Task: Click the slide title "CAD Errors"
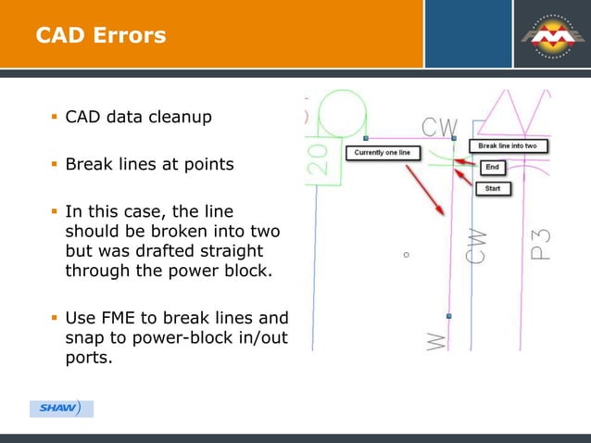101,36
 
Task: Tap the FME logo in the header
553,35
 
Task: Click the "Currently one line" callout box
384,152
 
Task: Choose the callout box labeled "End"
493,168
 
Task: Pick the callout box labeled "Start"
493,188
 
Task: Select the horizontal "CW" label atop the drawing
439,127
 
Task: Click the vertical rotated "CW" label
477,247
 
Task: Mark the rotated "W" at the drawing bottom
436,339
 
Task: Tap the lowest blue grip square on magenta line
448,316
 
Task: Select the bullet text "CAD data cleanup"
138,118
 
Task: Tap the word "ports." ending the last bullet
89,358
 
